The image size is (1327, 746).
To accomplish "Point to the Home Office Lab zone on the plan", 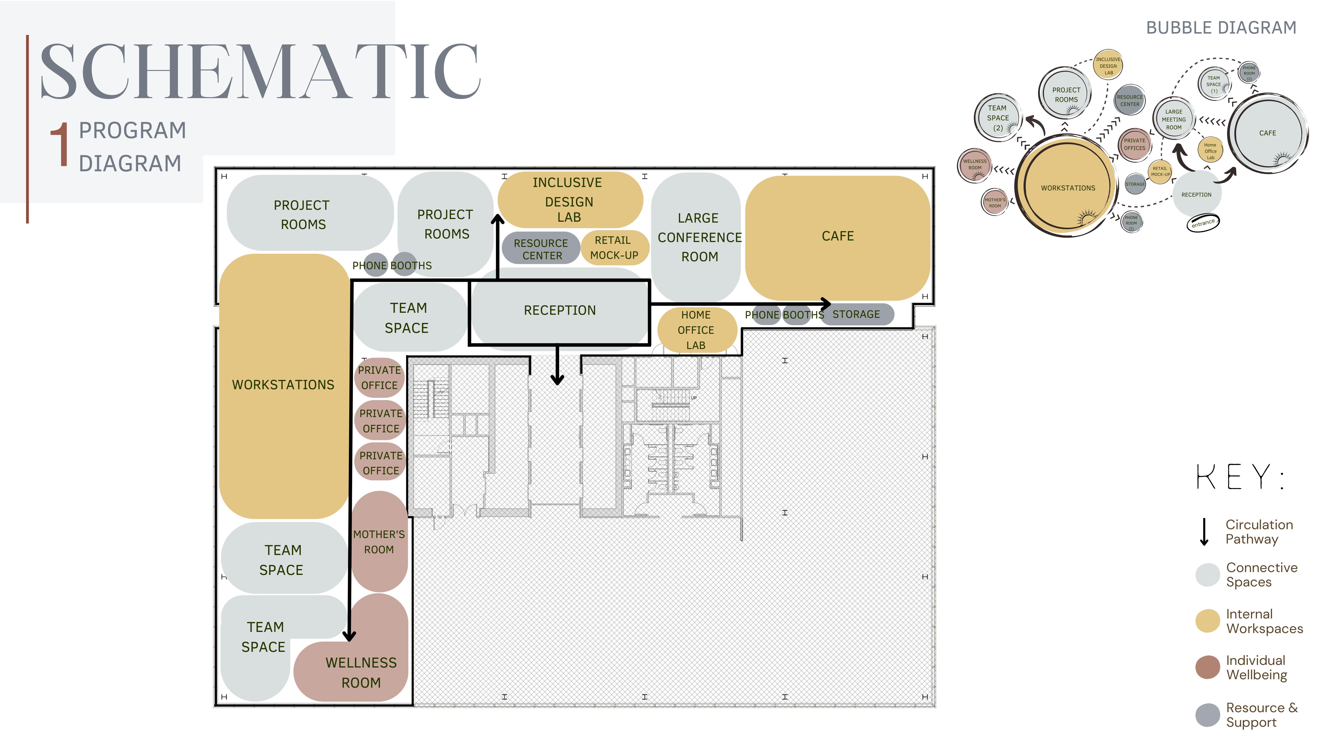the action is click(x=696, y=330).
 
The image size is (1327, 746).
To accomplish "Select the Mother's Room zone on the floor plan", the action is click(x=379, y=542).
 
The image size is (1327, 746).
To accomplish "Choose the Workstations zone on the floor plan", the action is click(x=283, y=385).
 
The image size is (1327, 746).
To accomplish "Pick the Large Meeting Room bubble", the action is click(x=1174, y=119).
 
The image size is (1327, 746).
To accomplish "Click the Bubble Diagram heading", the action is click(x=1221, y=28).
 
